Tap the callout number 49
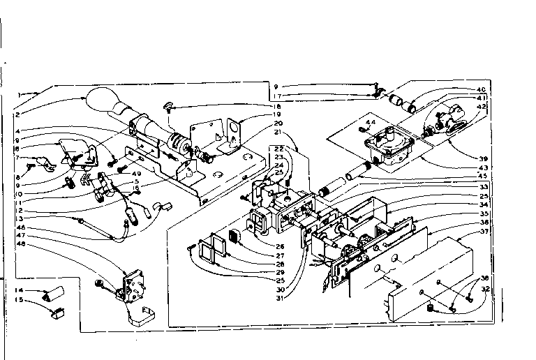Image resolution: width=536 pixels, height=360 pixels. pyautogui.click(x=137, y=174)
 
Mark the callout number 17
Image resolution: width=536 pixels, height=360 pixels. pyautogui.click(x=278, y=96)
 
